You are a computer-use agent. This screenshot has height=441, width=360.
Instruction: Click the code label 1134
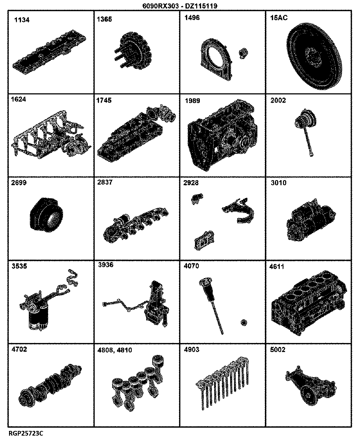coord(22,20)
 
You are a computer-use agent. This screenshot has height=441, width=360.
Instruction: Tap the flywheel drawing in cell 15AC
coord(314,56)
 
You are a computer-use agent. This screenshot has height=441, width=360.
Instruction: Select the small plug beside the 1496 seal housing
coord(243,53)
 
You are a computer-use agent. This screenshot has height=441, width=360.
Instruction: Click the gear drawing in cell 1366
coord(134,51)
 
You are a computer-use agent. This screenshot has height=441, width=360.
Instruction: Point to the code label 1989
coord(193,101)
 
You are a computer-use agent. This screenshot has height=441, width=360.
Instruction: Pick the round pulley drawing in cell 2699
coord(46,215)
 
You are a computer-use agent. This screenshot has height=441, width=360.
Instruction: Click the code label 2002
coord(278,101)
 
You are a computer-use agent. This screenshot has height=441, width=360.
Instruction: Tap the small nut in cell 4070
coord(244,322)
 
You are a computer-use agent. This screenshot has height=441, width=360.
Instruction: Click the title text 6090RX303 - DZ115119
coord(180,6)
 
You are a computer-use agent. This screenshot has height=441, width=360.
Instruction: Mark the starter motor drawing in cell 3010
coord(311,220)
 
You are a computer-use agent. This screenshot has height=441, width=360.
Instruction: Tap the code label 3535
coord(19,266)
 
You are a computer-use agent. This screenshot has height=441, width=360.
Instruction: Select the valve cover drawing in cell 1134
coord(49,52)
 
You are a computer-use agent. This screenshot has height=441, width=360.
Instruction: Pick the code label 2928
coord(191,183)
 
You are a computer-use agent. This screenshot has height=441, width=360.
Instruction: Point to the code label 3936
coord(106,265)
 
